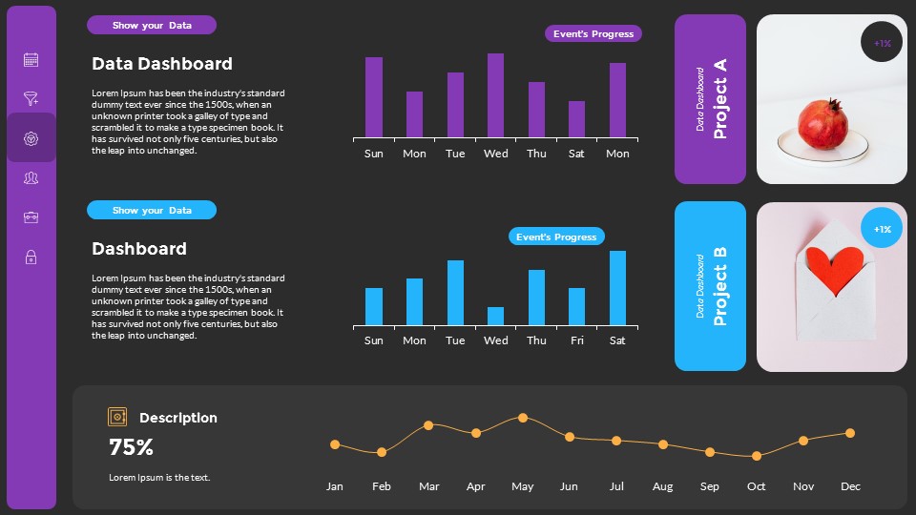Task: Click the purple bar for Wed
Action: (x=495, y=95)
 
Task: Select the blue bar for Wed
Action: (x=495, y=316)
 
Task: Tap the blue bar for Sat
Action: (x=617, y=288)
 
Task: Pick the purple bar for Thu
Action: (x=536, y=110)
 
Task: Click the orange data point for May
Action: (x=522, y=418)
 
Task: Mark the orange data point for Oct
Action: (x=756, y=456)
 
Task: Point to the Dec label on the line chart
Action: (x=850, y=486)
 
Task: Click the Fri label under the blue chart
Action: (x=576, y=340)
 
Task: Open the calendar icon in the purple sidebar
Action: (x=31, y=60)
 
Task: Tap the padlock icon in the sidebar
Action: (x=31, y=257)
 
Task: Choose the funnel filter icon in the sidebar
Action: (x=31, y=98)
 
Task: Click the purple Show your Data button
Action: (x=152, y=26)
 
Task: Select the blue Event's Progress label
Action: (x=556, y=237)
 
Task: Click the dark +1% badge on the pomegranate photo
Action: (x=882, y=43)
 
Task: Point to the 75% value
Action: (x=131, y=447)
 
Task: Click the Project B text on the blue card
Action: (x=720, y=286)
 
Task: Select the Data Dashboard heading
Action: (x=162, y=64)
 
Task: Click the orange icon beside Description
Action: (x=117, y=417)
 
